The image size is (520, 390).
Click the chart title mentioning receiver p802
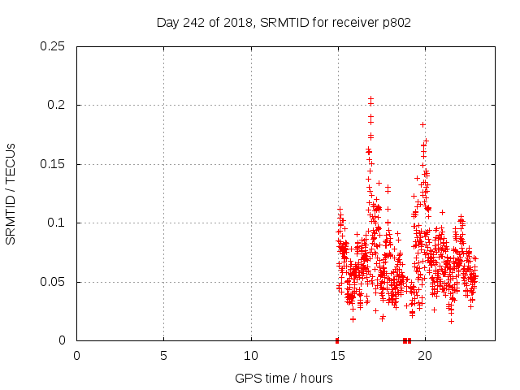pos(284,23)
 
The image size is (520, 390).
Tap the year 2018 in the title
pos(237,23)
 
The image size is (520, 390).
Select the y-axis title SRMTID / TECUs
pos(11,193)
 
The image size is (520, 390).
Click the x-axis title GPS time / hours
pos(284,378)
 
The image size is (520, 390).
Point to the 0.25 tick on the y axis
pos(54,46)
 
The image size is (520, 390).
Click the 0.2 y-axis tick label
pos(58,105)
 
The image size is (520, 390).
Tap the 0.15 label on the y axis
pos(54,164)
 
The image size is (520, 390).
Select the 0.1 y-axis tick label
pos(58,223)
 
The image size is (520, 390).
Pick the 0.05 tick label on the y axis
pos(54,282)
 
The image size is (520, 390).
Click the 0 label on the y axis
pos(65,340)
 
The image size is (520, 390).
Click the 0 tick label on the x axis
pos(76,356)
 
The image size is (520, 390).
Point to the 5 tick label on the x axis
pos(163,356)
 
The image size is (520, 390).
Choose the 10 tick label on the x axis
pos(251,356)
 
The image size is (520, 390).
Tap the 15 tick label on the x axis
pos(338,356)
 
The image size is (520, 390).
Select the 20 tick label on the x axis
pos(425,356)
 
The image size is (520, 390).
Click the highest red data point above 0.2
pos(370,98)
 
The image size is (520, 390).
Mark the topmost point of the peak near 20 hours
pos(422,124)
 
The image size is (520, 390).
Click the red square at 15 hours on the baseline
pos(337,340)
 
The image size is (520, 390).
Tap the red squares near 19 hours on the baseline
pos(407,340)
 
